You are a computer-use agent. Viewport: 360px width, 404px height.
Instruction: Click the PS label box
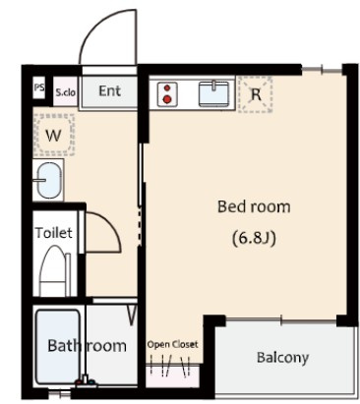point(39,87)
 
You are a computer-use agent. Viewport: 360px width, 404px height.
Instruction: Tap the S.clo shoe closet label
point(65,92)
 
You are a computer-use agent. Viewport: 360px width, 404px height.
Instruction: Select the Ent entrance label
point(109,91)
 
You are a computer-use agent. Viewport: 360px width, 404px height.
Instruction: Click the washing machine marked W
point(54,135)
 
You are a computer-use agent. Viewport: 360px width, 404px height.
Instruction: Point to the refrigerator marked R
point(256,94)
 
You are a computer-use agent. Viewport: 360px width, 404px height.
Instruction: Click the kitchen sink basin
point(213,94)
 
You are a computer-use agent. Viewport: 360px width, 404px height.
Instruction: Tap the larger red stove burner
point(167,99)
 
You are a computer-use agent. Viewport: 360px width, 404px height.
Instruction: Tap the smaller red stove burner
point(167,87)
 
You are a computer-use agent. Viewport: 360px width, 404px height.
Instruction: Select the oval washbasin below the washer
point(49,180)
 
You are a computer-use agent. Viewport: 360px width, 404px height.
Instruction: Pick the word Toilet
point(54,233)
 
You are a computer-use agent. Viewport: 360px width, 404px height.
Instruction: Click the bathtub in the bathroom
point(58,347)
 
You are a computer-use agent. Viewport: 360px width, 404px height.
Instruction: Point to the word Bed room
point(254,206)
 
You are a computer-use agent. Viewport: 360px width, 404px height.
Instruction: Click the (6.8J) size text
point(254,238)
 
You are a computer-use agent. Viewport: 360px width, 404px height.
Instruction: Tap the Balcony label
point(282,358)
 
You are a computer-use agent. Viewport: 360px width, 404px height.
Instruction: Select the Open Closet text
point(172,344)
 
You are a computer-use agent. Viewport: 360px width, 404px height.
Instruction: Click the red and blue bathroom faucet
point(86,381)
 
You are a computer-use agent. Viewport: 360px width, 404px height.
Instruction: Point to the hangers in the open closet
point(170,365)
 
